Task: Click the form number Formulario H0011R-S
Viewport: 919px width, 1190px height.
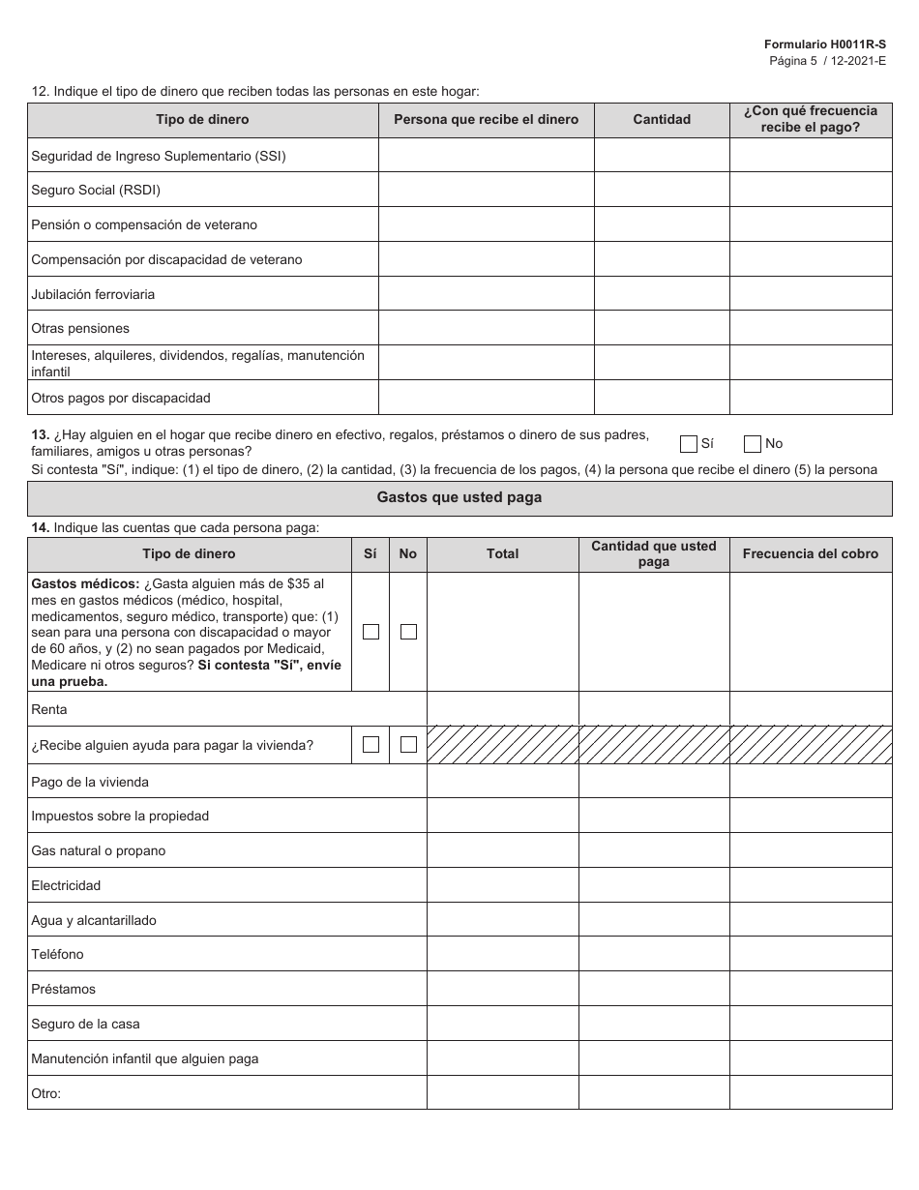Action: [x=824, y=45]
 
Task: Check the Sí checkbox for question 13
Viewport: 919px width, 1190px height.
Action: [x=689, y=444]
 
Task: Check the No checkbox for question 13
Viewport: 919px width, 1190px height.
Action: [x=753, y=444]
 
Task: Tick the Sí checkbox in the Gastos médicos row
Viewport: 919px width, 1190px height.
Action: [x=371, y=632]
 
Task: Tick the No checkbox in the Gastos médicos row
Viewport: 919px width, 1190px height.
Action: [x=408, y=632]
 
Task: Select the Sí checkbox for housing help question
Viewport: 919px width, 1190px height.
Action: [x=371, y=745]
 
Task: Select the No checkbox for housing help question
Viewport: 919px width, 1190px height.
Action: [x=408, y=745]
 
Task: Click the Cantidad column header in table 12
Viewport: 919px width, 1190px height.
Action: [x=662, y=120]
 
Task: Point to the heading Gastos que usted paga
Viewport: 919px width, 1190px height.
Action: [x=459, y=497]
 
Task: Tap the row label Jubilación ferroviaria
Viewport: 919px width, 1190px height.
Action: [x=93, y=294]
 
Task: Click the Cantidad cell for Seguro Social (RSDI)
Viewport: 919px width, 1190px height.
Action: [x=662, y=190]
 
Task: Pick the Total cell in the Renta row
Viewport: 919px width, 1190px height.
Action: [x=502, y=709]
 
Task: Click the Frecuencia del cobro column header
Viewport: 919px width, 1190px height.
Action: [x=811, y=554]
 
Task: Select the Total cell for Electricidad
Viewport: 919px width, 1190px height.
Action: [x=502, y=885]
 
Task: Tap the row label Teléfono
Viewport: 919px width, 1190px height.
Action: [x=58, y=955]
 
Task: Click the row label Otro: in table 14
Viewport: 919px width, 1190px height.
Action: [x=46, y=1093]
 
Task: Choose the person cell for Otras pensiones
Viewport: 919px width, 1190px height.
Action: [x=486, y=328]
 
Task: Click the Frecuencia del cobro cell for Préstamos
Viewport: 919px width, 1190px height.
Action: [x=811, y=989]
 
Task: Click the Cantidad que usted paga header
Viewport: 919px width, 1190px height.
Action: [x=654, y=554]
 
